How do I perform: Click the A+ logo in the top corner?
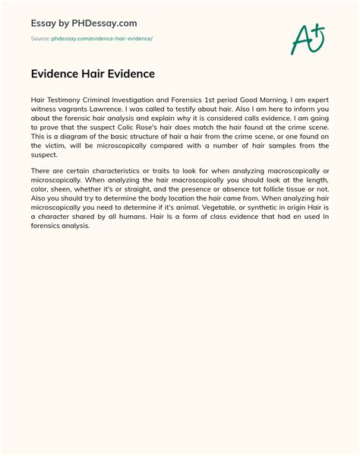point(307,36)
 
